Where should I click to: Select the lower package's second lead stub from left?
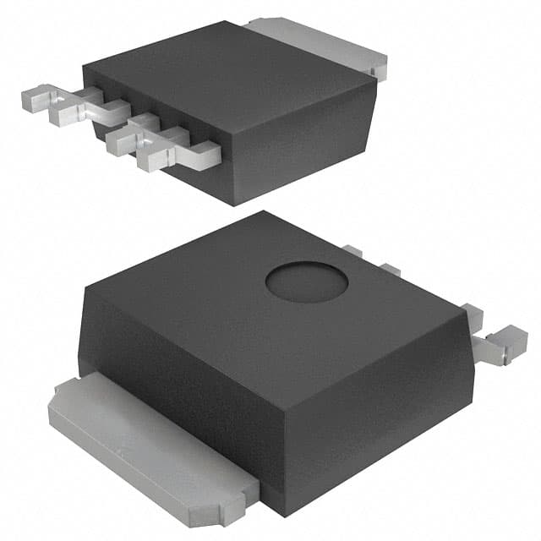pos(389,270)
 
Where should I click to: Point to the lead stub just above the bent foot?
pos(473,317)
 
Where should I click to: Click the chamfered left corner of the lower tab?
pos(59,397)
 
